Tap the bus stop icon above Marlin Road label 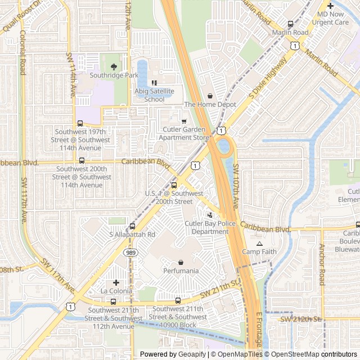click(290, 24)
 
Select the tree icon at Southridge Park click(114, 66)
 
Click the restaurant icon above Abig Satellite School click(154, 83)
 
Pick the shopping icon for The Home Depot click(210, 96)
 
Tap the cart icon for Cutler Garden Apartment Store click(183, 121)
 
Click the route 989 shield click(130, 253)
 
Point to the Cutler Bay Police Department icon click(210, 215)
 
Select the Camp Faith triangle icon click(259, 244)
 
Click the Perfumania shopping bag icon click(181, 262)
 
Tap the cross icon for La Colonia click(116, 282)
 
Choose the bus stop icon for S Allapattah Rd click(132, 226)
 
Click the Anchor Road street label click(322, 264)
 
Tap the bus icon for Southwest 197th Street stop click(80, 124)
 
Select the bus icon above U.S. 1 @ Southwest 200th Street click(173, 185)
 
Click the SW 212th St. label click(301, 319)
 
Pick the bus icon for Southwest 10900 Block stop click(178, 300)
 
